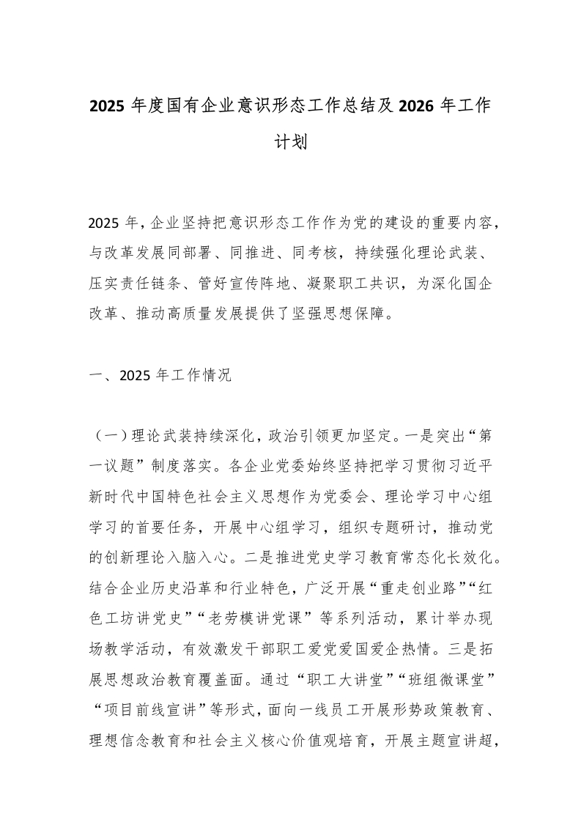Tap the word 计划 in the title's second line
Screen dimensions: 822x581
click(291, 141)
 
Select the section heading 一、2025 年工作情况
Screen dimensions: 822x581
click(159, 377)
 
